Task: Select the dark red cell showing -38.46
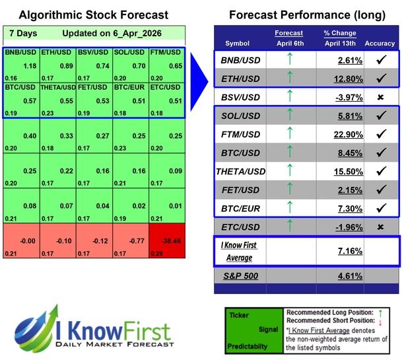166,242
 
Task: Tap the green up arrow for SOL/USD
289,116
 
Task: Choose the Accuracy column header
380,44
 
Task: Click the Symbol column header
238,44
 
